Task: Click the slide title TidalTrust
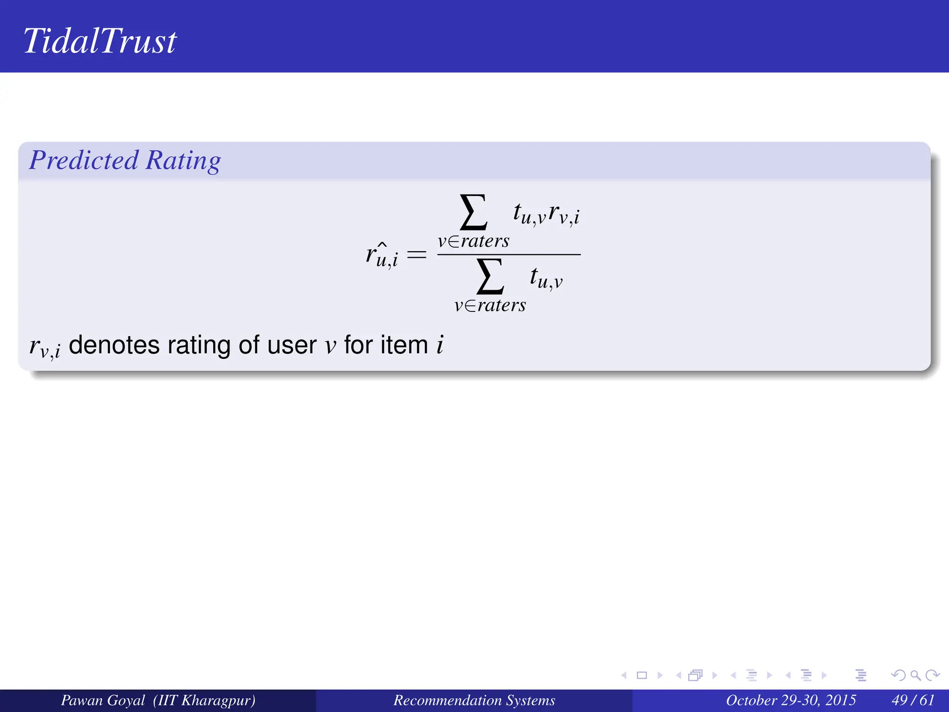(x=100, y=41)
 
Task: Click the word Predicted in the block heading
(x=84, y=160)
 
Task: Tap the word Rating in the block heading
(x=183, y=160)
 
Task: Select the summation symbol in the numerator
(x=473, y=212)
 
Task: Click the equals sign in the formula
(x=416, y=254)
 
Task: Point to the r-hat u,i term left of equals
(x=382, y=255)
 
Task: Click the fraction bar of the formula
(x=509, y=254)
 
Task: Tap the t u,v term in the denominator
(x=546, y=278)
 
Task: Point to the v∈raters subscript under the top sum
(x=473, y=241)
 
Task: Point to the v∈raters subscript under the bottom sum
(x=490, y=305)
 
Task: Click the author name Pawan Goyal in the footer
(x=103, y=700)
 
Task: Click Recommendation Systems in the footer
(x=474, y=700)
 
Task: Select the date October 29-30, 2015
(x=791, y=700)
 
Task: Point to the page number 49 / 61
(x=913, y=700)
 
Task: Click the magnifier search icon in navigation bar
(x=915, y=675)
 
